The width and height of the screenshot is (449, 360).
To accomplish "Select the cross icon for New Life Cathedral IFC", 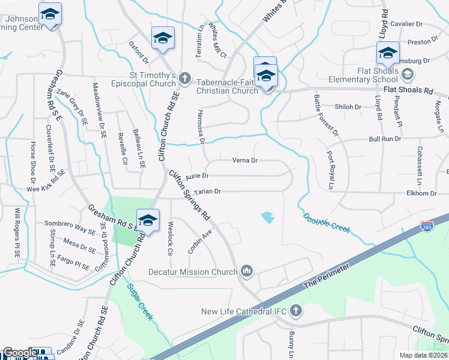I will coord(295,311).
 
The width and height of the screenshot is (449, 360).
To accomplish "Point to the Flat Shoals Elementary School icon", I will coord(408,74).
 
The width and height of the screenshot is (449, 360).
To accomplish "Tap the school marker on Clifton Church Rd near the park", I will coord(148,221).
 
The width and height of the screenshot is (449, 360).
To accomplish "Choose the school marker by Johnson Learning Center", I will coord(50,15).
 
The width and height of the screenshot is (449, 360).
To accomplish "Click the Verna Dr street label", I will coord(245,160).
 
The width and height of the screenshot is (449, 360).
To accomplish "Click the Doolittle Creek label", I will coord(326,224).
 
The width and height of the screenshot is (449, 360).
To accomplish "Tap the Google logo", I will coord(19,353).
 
